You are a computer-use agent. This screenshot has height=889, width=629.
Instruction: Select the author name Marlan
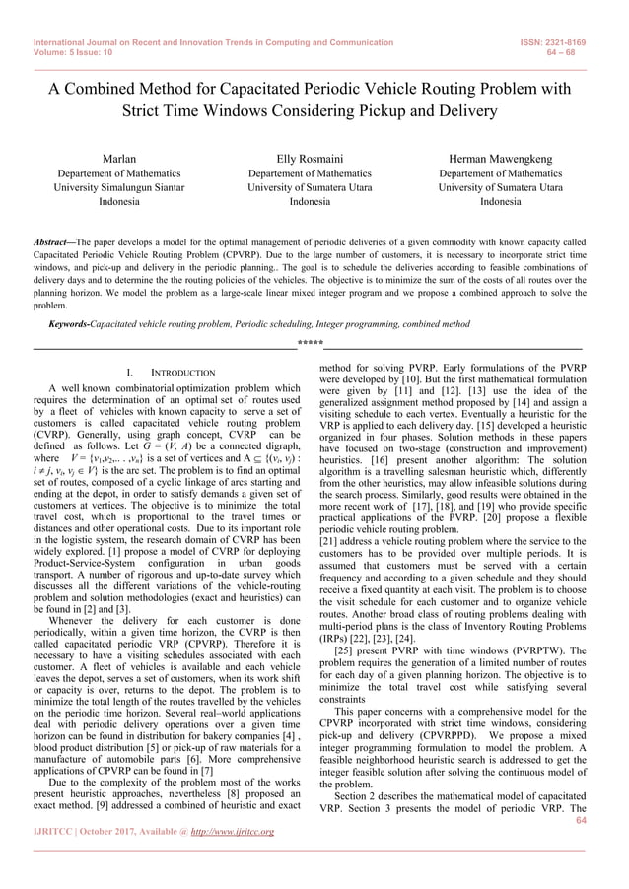[x=119, y=158]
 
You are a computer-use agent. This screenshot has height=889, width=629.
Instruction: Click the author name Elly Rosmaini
[x=310, y=158]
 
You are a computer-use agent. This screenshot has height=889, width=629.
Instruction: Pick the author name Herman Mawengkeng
[x=500, y=158]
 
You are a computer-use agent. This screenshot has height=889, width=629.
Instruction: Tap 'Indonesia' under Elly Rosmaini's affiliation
[x=310, y=201]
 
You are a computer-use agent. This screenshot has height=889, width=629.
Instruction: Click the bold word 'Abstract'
[x=54, y=240]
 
